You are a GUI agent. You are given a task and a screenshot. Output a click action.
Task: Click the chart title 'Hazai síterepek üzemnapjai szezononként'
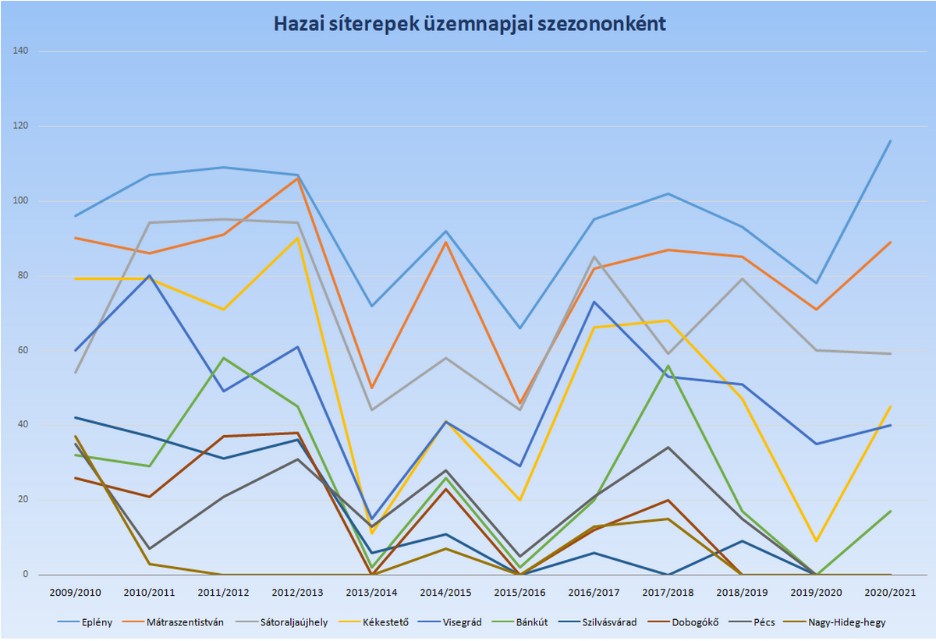469,24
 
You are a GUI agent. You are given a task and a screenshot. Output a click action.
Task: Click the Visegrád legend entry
462,622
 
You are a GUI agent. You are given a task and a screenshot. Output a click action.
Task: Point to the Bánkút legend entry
534,622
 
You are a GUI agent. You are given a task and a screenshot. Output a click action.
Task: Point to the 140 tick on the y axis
20,51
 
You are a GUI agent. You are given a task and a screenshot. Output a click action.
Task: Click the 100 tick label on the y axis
20,201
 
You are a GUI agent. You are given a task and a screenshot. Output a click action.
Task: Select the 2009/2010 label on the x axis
75,593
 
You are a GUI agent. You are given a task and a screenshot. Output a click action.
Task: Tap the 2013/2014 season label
371,593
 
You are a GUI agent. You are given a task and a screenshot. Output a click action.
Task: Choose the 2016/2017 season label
594,593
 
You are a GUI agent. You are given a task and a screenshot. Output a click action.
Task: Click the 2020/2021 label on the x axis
891,593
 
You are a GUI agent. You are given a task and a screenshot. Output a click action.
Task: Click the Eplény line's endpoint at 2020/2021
891,141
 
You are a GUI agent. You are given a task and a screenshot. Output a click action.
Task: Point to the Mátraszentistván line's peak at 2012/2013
297,179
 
